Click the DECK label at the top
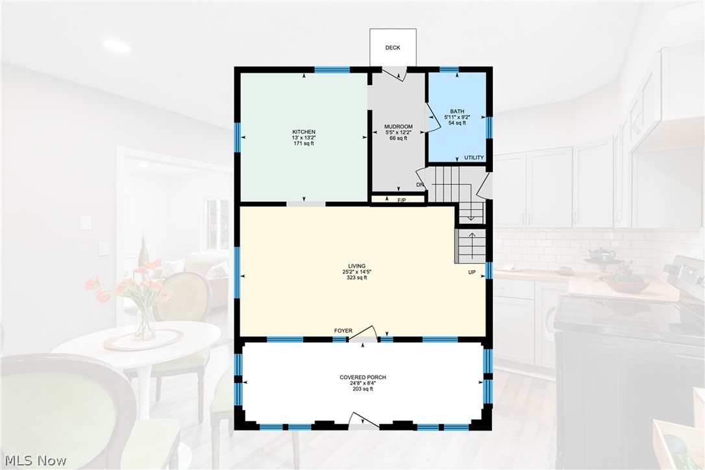393,47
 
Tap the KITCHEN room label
304,132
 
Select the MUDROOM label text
399,127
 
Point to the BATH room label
457,111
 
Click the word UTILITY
474,158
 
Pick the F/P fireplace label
402,201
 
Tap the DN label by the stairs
420,185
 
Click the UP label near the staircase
472,273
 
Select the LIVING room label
356,266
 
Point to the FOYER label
343,331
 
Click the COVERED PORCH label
363,377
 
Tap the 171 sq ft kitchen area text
304,143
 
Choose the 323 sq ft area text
356,278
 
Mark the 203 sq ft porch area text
363,389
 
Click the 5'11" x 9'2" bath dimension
457,117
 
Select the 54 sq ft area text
457,123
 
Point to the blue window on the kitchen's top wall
332,69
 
